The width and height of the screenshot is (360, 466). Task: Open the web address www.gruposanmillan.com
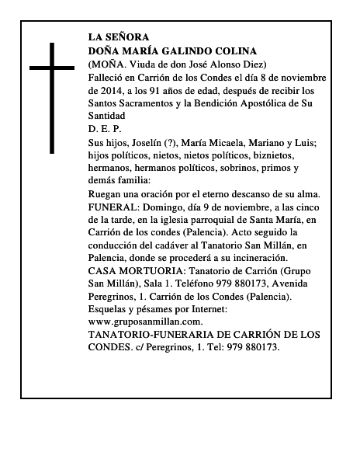pyautogui.click(x=146, y=322)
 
